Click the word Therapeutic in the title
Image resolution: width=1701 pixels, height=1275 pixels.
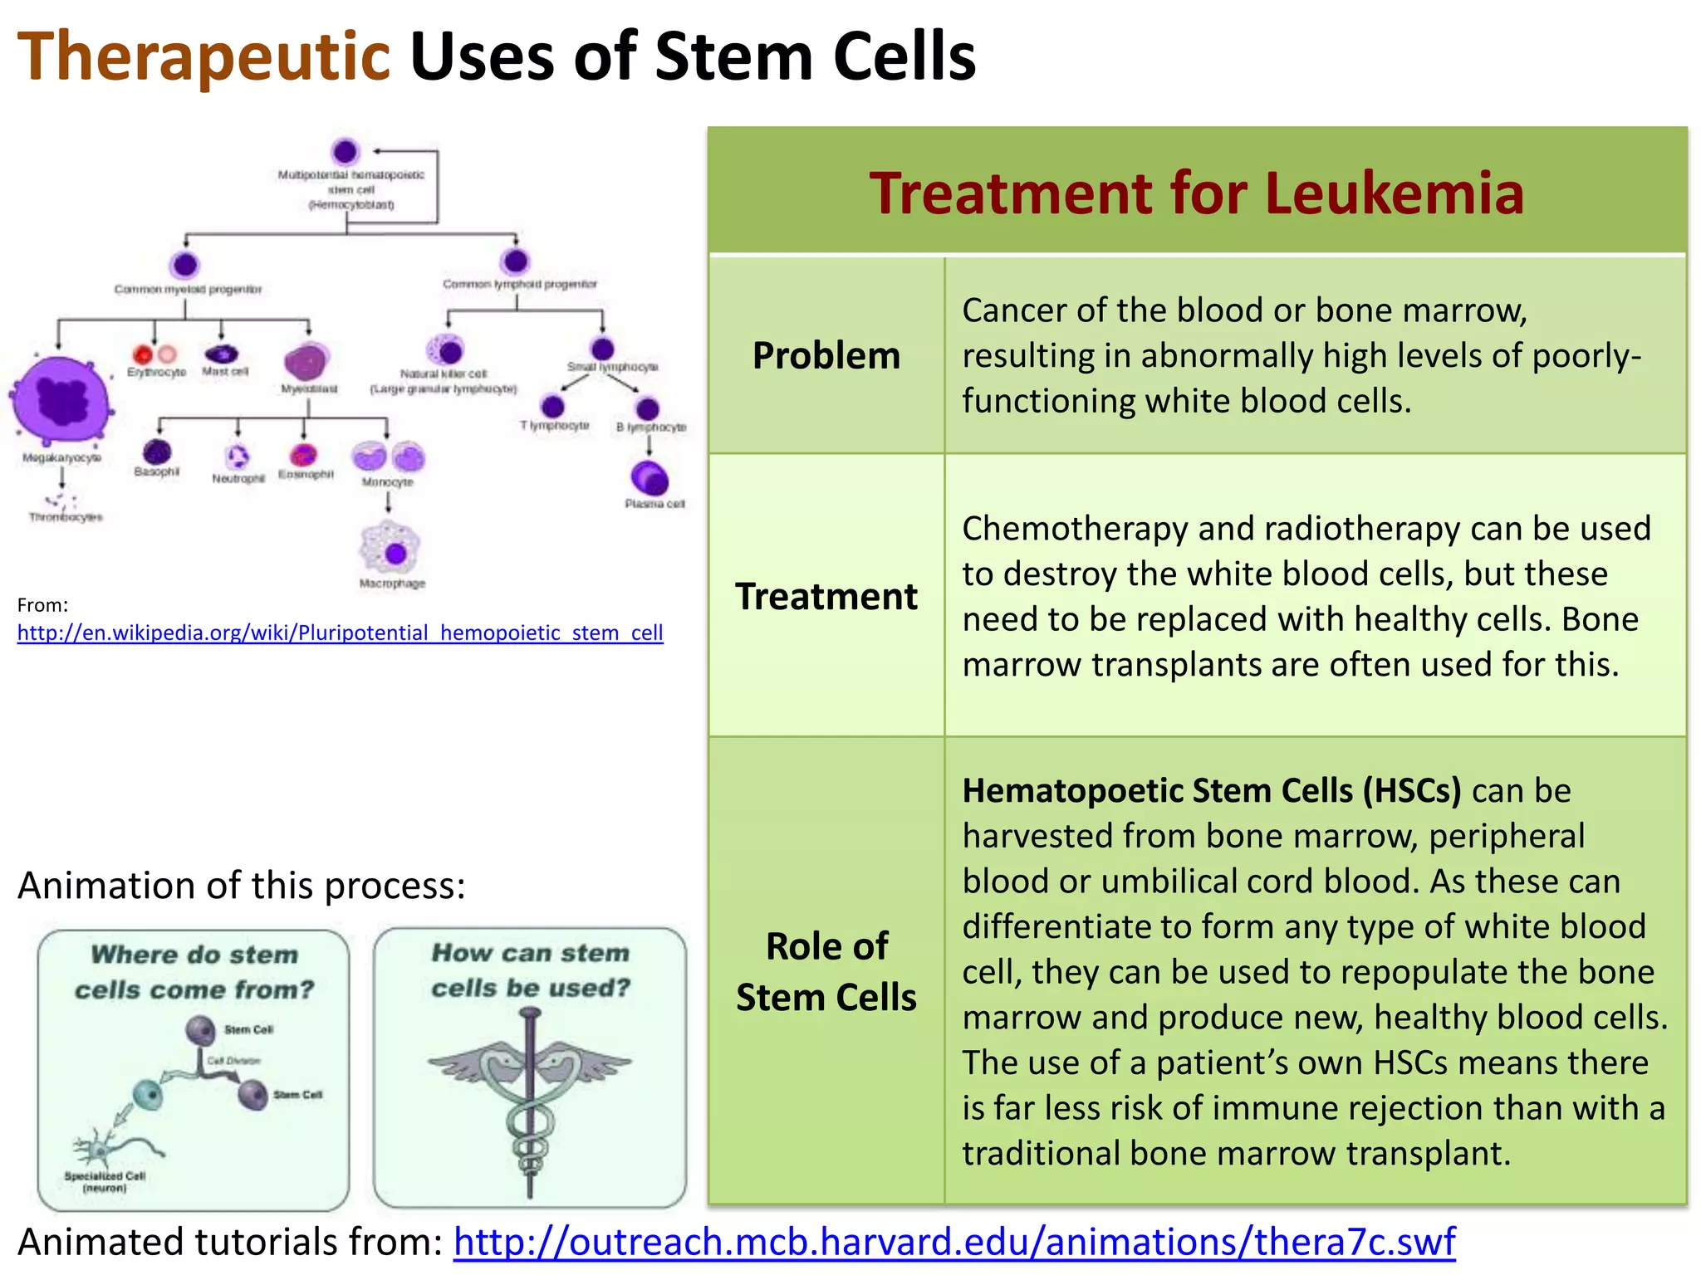click(203, 56)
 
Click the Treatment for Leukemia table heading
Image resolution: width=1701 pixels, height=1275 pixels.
click(1196, 193)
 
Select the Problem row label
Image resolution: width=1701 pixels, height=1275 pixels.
click(826, 355)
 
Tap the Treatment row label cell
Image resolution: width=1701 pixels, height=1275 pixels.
click(826, 596)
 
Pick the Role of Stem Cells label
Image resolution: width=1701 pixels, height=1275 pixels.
click(826, 970)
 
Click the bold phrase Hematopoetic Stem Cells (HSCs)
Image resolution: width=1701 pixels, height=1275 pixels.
click(1211, 790)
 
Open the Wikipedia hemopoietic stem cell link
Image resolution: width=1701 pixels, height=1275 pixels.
click(340, 633)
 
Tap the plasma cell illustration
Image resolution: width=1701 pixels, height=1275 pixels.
click(650, 479)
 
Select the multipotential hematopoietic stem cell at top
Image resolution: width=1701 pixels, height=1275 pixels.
click(345, 152)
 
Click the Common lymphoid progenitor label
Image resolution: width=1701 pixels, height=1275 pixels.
click(519, 284)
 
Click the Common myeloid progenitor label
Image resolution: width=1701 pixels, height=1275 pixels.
click(188, 289)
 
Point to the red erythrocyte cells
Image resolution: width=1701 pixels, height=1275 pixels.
click(154, 355)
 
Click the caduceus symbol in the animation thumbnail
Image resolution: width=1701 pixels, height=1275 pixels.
click(530, 1096)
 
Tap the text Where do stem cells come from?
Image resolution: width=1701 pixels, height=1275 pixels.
click(194, 971)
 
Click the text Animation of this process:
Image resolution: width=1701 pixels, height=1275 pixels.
click(241, 886)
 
